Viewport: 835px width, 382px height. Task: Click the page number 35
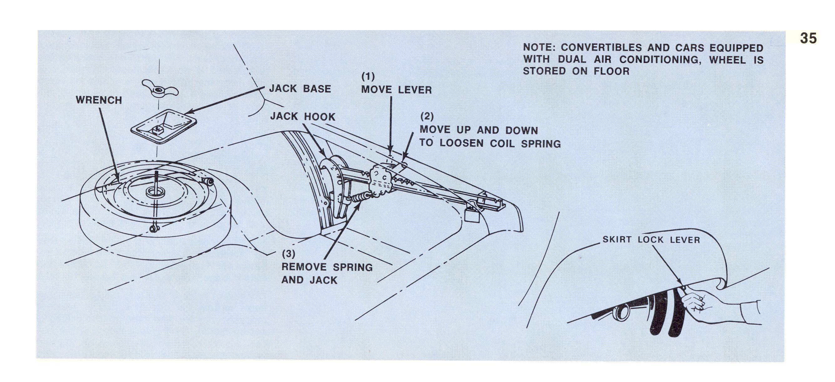click(808, 38)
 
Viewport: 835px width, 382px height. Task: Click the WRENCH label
click(99, 100)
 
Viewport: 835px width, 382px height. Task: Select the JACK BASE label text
click(300, 89)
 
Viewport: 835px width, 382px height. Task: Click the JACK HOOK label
click(303, 117)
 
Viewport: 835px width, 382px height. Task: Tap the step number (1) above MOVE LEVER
click(368, 76)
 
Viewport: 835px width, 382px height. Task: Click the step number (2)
click(427, 116)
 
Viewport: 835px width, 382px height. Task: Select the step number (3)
click(289, 254)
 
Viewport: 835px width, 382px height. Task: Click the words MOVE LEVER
click(397, 90)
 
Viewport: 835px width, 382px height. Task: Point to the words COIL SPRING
click(525, 144)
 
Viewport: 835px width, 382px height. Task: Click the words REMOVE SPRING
click(327, 267)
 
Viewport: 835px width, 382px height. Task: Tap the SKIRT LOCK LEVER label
click(651, 240)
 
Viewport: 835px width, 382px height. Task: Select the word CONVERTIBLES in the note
click(601, 48)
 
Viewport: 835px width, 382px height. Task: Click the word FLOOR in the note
click(611, 71)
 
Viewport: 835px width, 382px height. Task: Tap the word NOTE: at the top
click(539, 48)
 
